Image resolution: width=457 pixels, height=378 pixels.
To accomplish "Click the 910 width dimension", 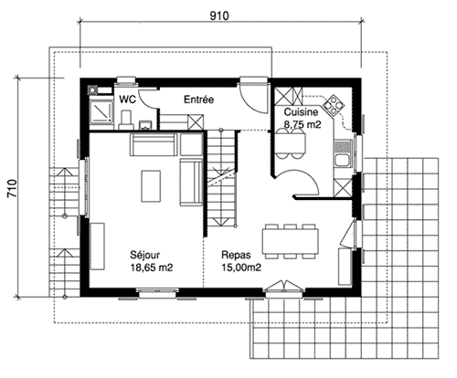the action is click(219, 16).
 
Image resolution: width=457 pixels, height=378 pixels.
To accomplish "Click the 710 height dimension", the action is click(12, 189).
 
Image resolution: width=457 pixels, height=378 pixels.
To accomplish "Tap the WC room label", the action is click(128, 100).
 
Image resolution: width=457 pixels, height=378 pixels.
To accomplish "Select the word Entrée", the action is click(198, 100).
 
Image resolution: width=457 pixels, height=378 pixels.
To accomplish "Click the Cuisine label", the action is click(301, 112).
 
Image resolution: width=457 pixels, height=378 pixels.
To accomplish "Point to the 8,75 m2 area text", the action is click(303, 124).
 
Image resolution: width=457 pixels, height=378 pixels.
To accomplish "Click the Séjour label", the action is click(144, 255).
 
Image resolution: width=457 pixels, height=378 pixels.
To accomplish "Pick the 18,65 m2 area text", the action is click(152, 268).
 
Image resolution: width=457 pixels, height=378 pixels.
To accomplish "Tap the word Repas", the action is click(236, 255).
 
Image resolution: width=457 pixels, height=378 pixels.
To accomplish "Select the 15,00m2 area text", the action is click(241, 268).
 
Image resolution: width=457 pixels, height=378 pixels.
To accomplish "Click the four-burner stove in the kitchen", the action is click(334, 105).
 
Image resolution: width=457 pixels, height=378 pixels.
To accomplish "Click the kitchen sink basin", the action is click(343, 160).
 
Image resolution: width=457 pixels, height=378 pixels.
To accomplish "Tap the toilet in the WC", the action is click(126, 120).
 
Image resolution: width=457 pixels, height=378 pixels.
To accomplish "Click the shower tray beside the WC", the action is click(101, 111).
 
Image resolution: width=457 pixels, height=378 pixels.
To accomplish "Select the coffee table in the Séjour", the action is click(151, 186).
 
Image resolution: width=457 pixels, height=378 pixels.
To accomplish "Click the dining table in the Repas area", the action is click(291, 241).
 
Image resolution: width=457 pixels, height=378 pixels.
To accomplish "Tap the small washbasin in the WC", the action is click(145, 125).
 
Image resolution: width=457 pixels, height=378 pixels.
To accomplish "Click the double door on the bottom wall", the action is click(284, 288).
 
